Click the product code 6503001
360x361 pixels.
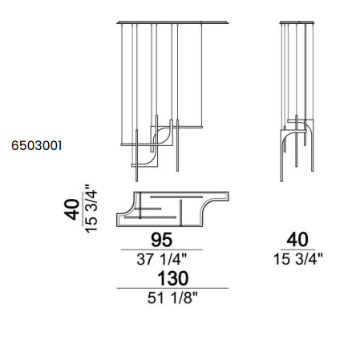click(36, 146)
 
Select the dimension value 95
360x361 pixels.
click(162, 240)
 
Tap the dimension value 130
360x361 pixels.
click(172, 278)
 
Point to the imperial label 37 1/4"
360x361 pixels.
click(162, 259)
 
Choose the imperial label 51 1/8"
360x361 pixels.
click(172, 298)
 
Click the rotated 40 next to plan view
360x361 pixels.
click(72, 209)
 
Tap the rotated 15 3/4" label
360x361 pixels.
click(91, 209)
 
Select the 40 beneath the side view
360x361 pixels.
click(297, 240)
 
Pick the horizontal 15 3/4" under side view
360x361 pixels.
click(298, 259)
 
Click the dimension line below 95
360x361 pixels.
click(162, 250)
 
